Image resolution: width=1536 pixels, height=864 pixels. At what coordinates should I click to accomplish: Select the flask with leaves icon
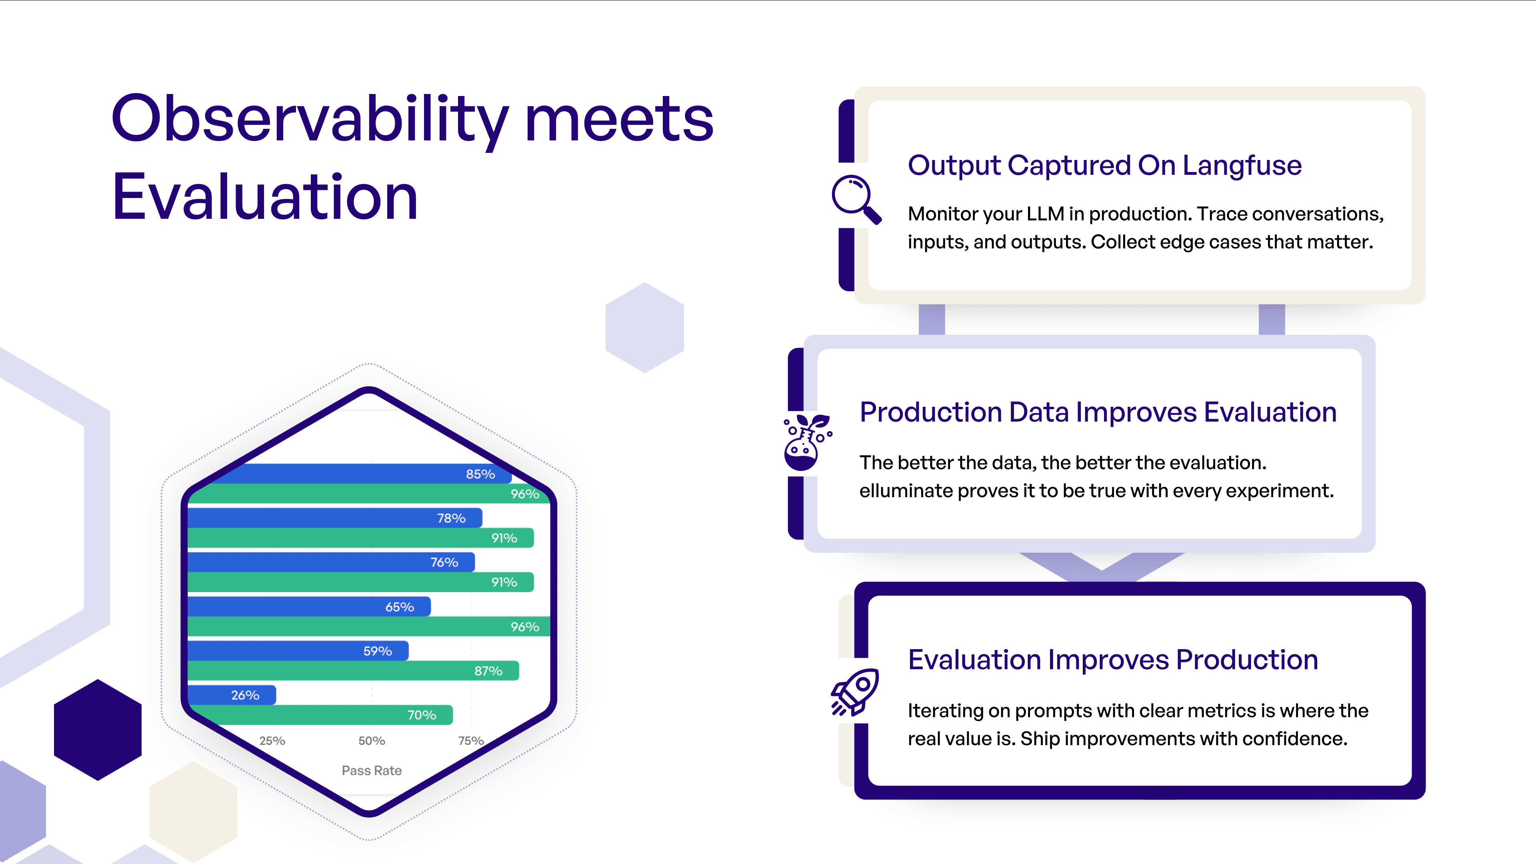(x=806, y=442)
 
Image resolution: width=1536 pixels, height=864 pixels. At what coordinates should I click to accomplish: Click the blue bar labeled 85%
(x=358, y=474)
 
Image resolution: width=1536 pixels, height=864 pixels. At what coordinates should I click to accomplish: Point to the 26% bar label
(x=245, y=695)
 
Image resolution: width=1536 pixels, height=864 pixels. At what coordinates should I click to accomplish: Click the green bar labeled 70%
(x=322, y=715)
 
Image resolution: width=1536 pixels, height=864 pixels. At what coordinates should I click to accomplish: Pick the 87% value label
(x=488, y=671)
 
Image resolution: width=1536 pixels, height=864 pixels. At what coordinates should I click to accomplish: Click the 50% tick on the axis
(x=372, y=740)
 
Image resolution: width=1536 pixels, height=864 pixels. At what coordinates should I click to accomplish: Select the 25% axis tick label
(x=272, y=740)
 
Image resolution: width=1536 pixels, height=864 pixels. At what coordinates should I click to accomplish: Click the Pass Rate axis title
(x=372, y=770)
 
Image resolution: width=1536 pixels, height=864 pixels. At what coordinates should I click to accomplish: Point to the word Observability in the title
(x=310, y=120)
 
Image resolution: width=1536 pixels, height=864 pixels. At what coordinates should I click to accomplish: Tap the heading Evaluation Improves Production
(x=1112, y=660)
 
